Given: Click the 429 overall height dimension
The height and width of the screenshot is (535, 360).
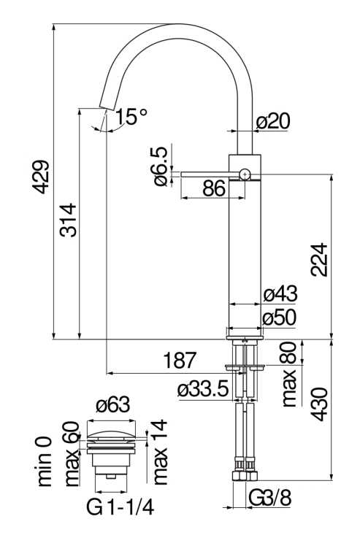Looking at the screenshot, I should pos(42,177).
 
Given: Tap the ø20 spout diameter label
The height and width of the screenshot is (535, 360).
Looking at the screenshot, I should pos(276,122).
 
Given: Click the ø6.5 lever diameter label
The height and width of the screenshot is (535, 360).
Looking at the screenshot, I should pos(161,166).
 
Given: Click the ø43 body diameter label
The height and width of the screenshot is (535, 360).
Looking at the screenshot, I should pos(280,296).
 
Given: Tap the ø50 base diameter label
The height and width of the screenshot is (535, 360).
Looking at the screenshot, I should pos(280,317).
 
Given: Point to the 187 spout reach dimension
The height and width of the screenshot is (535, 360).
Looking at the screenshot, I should pos(179,360).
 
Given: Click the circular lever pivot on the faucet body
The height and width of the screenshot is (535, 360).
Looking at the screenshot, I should pos(245,174).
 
